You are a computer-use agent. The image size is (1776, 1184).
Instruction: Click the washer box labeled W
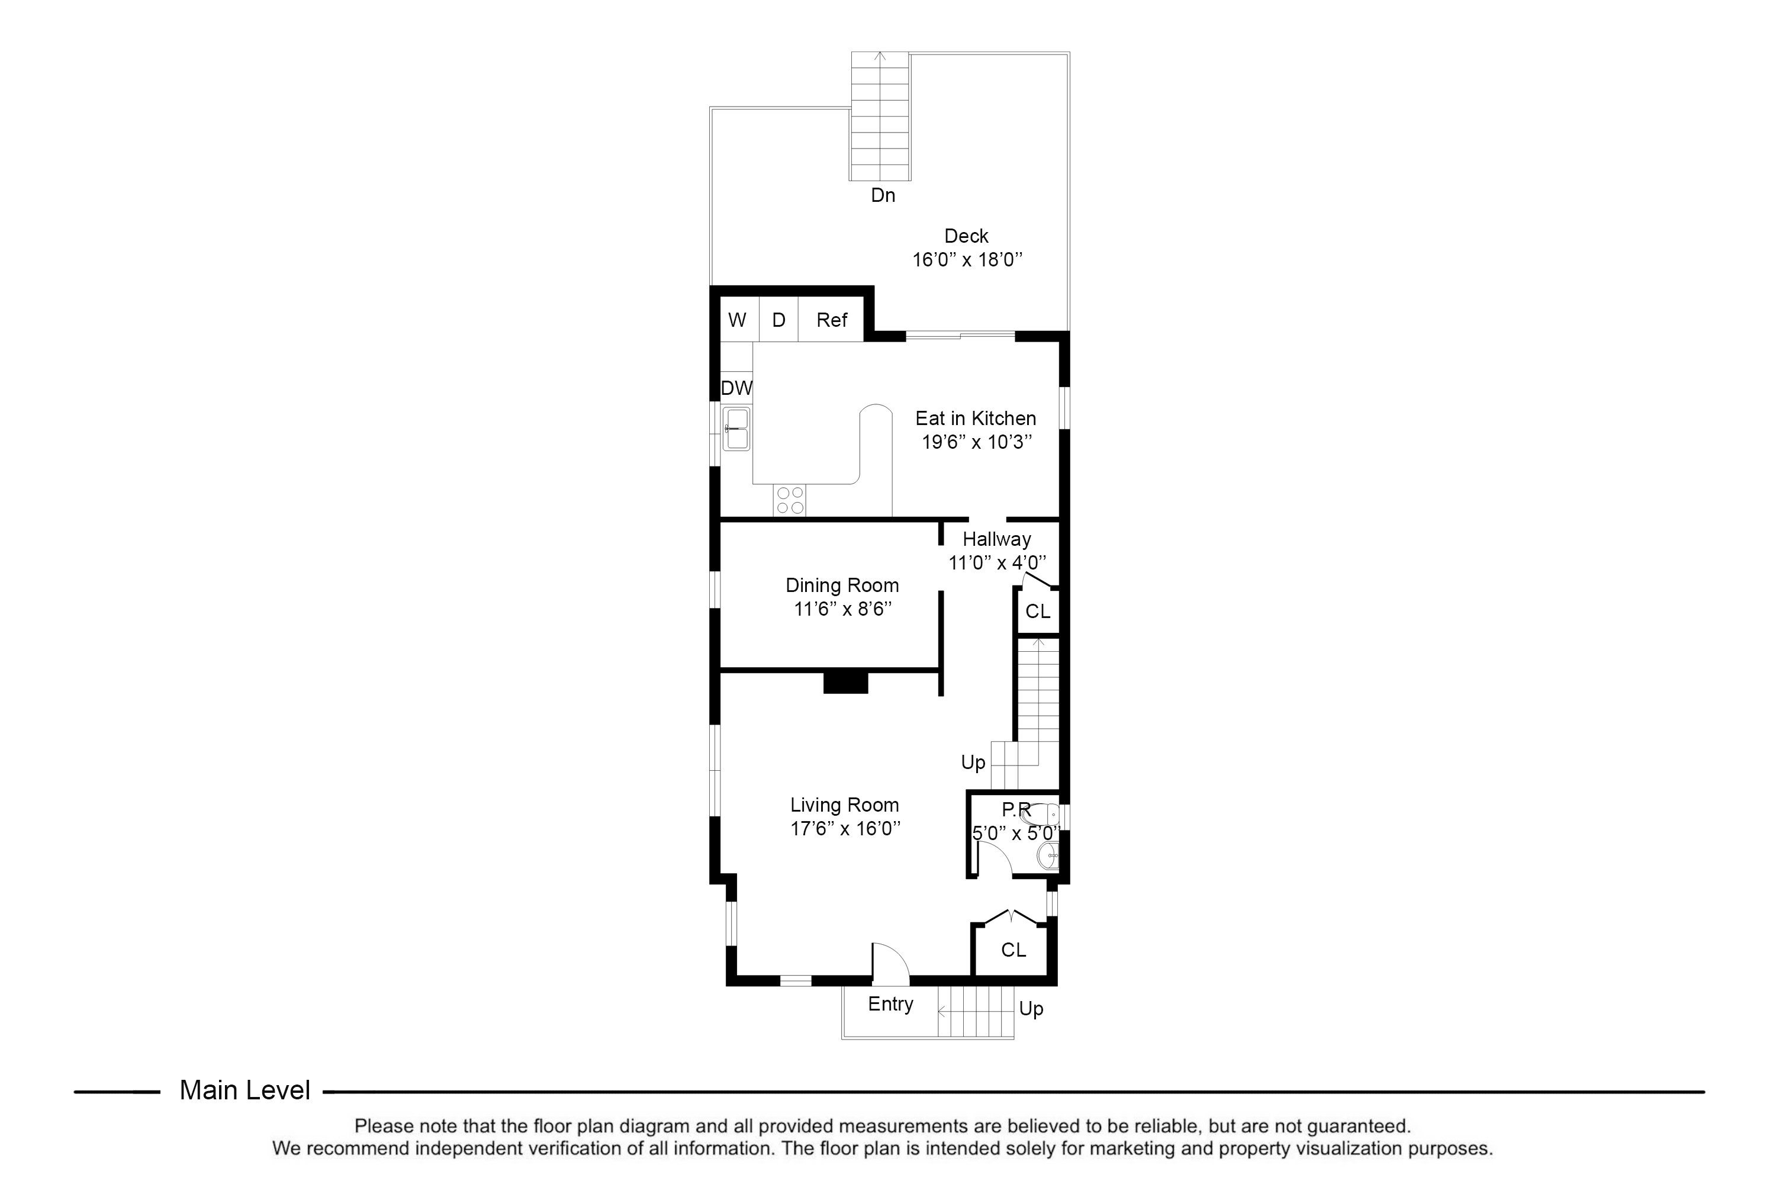click(738, 320)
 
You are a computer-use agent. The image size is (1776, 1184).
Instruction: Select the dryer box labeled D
click(778, 320)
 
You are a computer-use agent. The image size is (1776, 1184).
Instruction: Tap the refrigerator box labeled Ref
click(831, 320)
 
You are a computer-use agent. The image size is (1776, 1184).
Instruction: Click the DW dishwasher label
click(736, 388)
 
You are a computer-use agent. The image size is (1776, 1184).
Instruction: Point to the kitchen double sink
click(736, 429)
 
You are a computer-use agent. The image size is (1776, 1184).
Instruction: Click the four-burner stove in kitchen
click(790, 500)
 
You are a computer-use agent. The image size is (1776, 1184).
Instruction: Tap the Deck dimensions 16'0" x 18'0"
click(967, 260)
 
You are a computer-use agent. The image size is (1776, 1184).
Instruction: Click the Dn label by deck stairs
click(883, 195)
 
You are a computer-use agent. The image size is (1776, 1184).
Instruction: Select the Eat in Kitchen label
click(976, 419)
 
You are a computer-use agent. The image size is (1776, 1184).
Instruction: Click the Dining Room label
click(842, 585)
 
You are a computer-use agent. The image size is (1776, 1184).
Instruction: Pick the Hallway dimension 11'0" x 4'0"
click(997, 562)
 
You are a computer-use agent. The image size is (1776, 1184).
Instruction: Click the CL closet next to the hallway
click(1038, 611)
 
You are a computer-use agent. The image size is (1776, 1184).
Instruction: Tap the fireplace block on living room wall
click(846, 682)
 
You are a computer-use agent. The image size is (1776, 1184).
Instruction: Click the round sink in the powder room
click(1047, 855)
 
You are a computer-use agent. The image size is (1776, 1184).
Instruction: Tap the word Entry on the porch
click(890, 1004)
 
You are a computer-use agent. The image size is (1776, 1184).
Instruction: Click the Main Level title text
click(244, 1090)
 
